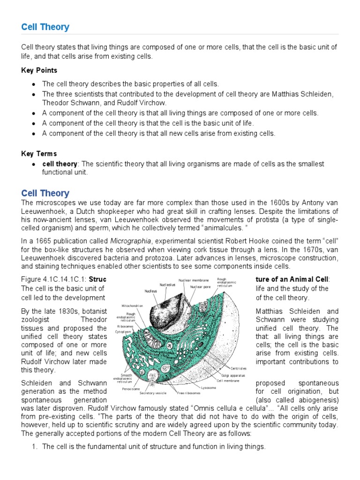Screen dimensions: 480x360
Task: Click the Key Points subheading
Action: (x=39, y=70)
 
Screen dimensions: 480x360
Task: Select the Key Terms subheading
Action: (x=39, y=153)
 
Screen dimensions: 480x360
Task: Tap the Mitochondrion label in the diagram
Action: (x=132, y=306)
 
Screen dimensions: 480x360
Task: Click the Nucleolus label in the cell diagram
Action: (x=167, y=285)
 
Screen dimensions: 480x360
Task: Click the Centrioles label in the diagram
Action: (x=239, y=368)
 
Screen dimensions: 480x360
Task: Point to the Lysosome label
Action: (x=209, y=388)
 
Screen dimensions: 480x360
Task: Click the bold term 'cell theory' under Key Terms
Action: (x=60, y=164)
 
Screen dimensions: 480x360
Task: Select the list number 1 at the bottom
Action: (x=34, y=447)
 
